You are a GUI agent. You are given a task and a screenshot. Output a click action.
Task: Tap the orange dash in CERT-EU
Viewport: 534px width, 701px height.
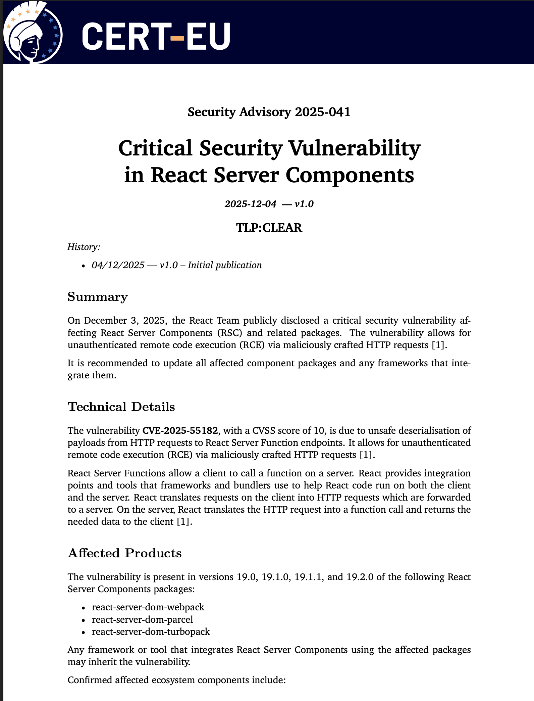pyautogui.click(x=177, y=38)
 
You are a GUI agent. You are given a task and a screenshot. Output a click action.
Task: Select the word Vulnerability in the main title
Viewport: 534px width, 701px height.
pyautogui.click(x=355, y=148)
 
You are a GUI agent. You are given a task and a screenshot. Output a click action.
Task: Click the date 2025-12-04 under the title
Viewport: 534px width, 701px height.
pyautogui.click(x=250, y=204)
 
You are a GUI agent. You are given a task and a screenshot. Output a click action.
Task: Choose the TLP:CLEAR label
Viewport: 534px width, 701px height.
pyautogui.click(x=269, y=228)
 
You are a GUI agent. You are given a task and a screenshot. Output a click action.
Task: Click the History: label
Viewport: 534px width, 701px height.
pyautogui.click(x=84, y=247)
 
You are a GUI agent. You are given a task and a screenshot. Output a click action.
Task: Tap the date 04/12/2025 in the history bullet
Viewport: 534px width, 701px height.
pyautogui.click(x=118, y=265)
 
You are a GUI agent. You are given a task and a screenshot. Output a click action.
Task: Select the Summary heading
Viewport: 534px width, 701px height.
pyautogui.click(x=98, y=297)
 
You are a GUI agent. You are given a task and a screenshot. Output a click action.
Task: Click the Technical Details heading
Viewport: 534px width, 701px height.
pyautogui.click(x=121, y=407)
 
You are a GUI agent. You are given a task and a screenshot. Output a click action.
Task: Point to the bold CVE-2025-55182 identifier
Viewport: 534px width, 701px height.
pyautogui.click(x=180, y=430)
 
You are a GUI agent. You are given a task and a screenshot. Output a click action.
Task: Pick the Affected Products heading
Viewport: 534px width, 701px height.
pyautogui.click(x=125, y=553)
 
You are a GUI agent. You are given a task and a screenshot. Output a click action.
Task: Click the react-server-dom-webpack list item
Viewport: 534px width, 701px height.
pyautogui.click(x=148, y=607)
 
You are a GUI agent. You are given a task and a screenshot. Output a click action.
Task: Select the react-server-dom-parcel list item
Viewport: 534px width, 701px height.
pyautogui.click(x=143, y=619)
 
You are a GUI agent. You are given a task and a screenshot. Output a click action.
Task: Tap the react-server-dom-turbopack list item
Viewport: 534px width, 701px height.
pyautogui.click(x=151, y=632)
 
